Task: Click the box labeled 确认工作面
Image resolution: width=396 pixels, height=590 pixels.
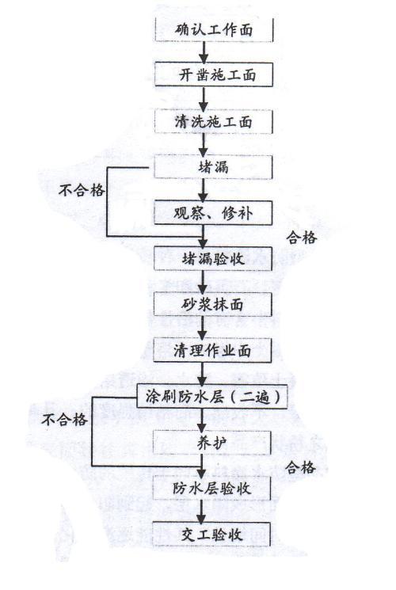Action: (214, 30)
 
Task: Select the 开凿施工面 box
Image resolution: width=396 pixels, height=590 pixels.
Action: (214, 75)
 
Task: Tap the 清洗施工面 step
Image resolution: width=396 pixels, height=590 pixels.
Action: (213, 121)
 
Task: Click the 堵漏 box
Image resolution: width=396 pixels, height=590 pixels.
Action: (213, 166)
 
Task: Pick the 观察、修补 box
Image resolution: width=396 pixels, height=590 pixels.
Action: (213, 213)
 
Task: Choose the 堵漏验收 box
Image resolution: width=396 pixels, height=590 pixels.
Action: (213, 258)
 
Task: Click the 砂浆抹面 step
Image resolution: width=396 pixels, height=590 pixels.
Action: (213, 304)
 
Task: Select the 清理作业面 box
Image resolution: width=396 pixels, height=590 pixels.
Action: (212, 350)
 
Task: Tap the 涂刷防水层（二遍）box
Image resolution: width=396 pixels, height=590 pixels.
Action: (212, 396)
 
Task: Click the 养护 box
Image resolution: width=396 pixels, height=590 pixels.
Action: (212, 443)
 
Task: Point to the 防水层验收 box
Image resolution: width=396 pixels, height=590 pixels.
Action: (212, 488)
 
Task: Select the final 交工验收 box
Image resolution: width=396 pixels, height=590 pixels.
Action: (211, 535)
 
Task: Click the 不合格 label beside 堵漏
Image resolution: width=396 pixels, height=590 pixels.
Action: (82, 190)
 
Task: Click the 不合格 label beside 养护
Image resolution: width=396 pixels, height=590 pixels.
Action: (65, 420)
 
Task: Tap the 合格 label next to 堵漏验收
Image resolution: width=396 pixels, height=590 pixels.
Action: (302, 238)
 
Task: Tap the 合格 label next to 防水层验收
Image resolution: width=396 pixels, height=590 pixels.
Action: (300, 467)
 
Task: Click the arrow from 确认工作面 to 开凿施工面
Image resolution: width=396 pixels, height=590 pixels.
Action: (204, 52)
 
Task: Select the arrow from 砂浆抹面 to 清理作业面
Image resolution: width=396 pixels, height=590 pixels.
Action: (203, 327)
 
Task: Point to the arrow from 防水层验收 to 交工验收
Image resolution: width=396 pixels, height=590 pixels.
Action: (202, 512)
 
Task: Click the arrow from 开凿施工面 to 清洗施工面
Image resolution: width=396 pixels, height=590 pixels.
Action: (204, 98)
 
